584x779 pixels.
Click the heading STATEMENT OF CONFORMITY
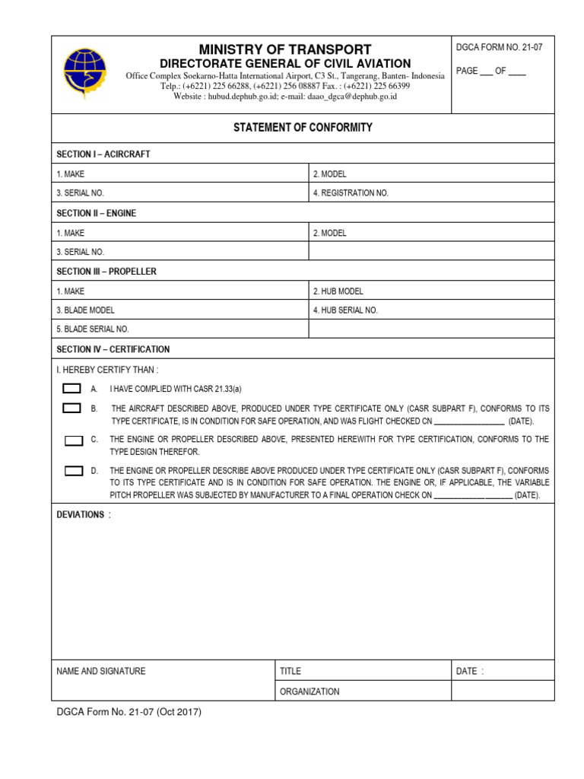303,127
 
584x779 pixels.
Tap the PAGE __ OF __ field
490,71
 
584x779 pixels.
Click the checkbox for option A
72,388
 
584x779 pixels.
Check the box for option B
72,409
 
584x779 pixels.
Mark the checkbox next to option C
74,440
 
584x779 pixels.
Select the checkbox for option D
74,471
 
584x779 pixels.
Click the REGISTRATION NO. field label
351,193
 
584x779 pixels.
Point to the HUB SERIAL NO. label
345,310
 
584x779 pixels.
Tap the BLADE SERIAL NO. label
93,329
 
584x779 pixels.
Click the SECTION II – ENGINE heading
97,213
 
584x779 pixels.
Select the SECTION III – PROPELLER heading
106,272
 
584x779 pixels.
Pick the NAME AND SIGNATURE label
101,671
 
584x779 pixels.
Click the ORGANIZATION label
309,692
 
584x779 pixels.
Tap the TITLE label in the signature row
290,671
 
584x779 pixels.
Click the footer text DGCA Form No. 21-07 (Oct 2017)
129,713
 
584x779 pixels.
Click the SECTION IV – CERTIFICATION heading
113,349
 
